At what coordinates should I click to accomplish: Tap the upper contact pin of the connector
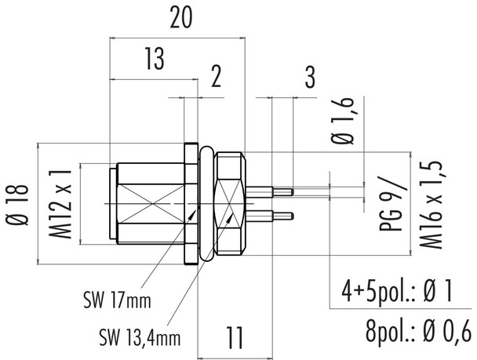pyautogui.click(x=271, y=190)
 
